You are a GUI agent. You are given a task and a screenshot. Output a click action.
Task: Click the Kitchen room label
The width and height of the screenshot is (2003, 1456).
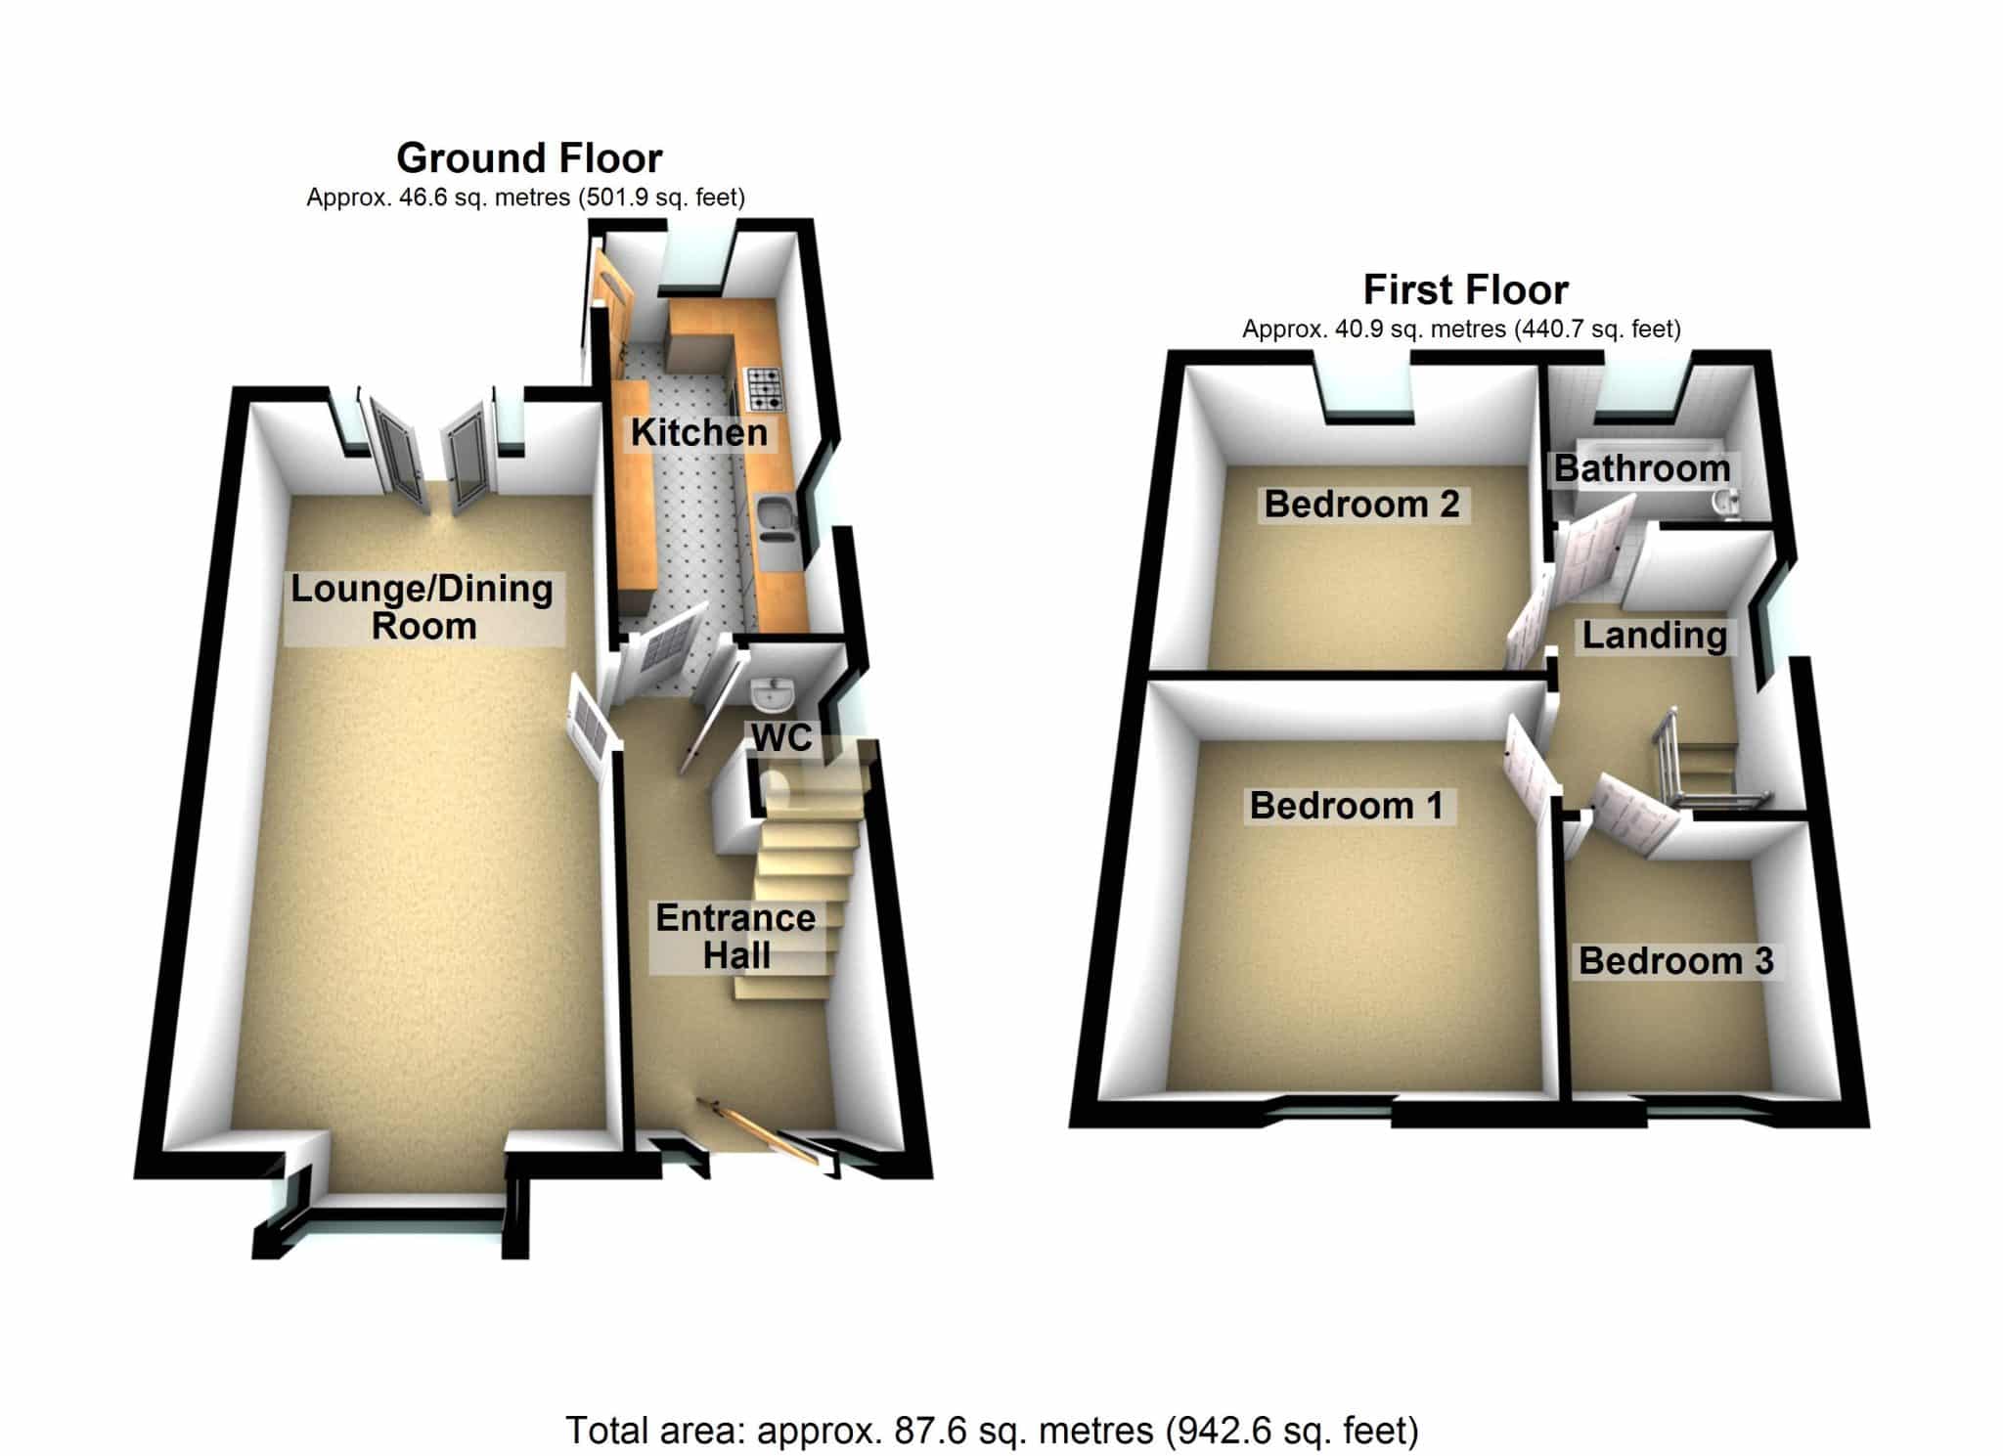pyautogui.click(x=698, y=432)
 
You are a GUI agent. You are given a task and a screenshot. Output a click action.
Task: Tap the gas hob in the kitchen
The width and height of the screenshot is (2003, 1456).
pyautogui.click(x=765, y=388)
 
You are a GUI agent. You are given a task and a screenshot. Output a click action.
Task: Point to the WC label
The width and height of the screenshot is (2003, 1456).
pyautogui.click(x=781, y=738)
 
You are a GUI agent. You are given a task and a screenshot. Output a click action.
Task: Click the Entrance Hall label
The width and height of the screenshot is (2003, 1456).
pyautogui.click(x=735, y=937)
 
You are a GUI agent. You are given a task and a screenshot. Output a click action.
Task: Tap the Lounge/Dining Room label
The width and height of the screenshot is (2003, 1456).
pyautogui.click(x=423, y=607)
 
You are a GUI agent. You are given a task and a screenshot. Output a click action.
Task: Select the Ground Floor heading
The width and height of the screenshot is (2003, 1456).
pyautogui.click(x=529, y=158)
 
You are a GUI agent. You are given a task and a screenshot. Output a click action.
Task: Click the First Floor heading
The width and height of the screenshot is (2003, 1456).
pyautogui.click(x=1466, y=290)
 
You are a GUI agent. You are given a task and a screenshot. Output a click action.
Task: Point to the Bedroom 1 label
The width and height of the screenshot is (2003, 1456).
pyautogui.click(x=1347, y=806)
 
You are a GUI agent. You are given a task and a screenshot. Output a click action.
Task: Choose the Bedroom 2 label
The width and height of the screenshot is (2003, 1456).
pyautogui.click(x=1361, y=505)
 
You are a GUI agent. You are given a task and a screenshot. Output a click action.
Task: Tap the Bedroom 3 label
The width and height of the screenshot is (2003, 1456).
pyautogui.click(x=1675, y=961)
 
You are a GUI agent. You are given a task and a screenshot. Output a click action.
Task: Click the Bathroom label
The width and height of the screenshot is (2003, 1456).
pyautogui.click(x=1642, y=468)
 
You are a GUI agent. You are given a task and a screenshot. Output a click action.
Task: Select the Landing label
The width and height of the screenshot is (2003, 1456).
pyautogui.click(x=1655, y=637)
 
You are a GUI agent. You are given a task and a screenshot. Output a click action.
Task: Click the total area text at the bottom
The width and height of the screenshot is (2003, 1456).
pyautogui.click(x=992, y=1431)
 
